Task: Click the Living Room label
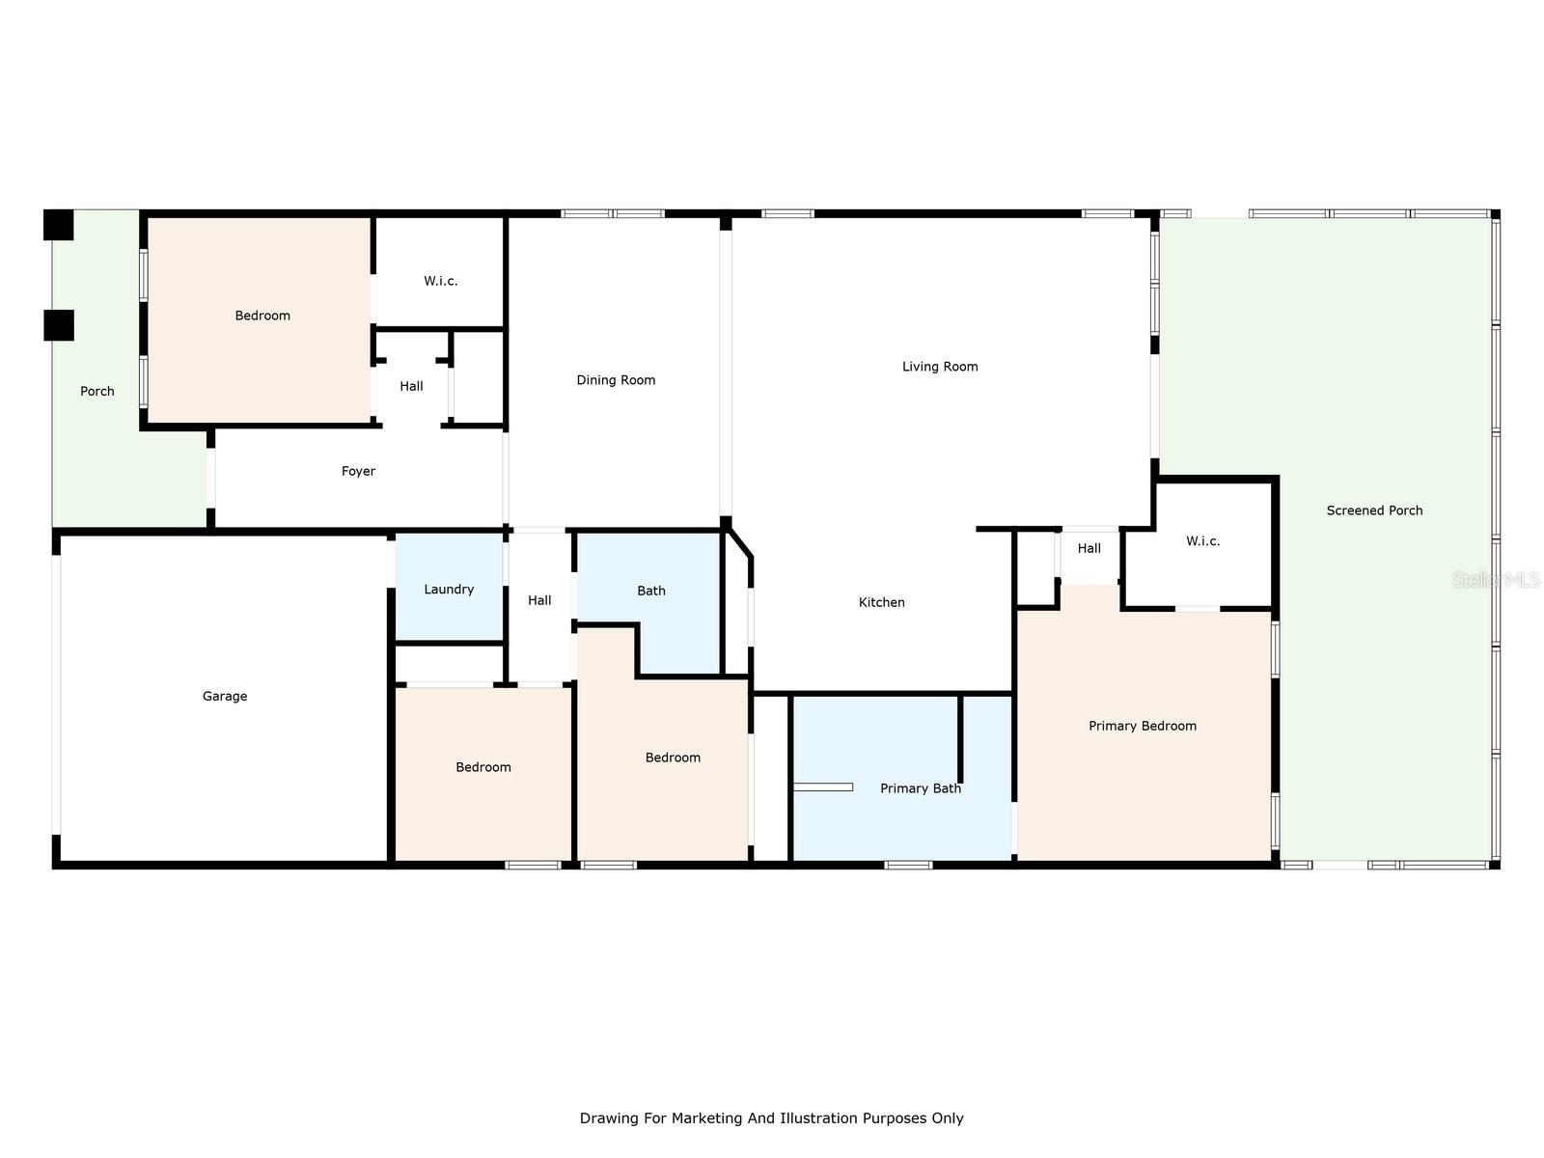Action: point(939,367)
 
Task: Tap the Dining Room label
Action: point(616,380)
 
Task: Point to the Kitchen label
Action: point(881,602)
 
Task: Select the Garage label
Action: point(225,696)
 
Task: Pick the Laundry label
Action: point(449,590)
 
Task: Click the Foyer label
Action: point(358,471)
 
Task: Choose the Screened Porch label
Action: point(1374,510)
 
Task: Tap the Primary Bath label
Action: point(920,788)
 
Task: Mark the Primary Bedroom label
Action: point(1142,726)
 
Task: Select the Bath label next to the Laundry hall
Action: point(650,591)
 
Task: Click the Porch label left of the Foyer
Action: point(97,391)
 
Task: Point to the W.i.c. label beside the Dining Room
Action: point(440,281)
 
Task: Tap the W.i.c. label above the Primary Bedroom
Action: point(1202,540)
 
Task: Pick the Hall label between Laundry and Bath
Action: point(539,599)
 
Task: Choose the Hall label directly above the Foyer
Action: point(411,386)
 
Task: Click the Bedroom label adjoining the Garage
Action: point(483,767)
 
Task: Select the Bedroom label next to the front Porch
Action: point(262,316)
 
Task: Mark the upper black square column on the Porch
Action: point(59,225)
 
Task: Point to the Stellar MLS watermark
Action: point(1496,580)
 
